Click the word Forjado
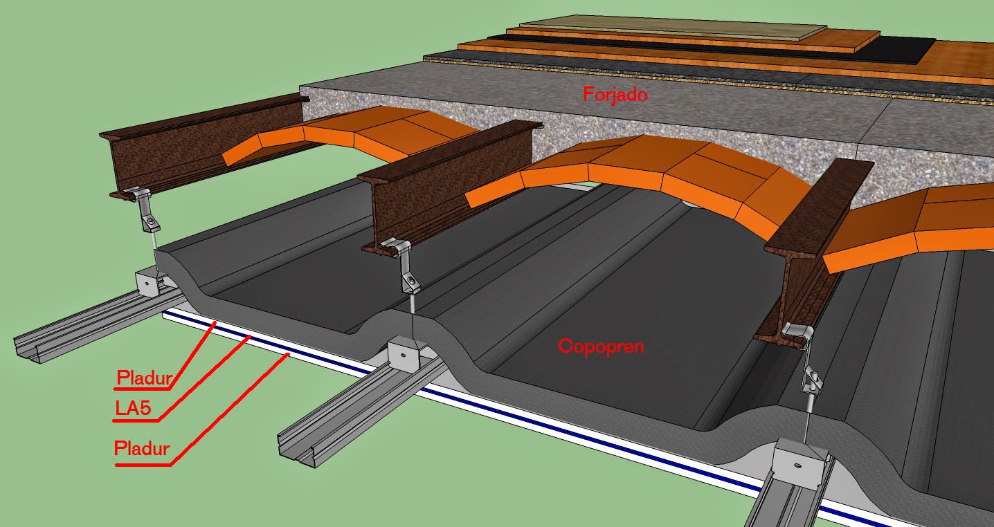pyautogui.click(x=615, y=94)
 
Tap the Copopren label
pyautogui.click(x=600, y=346)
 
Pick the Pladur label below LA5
pyautogui.click(x=142, y=450)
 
